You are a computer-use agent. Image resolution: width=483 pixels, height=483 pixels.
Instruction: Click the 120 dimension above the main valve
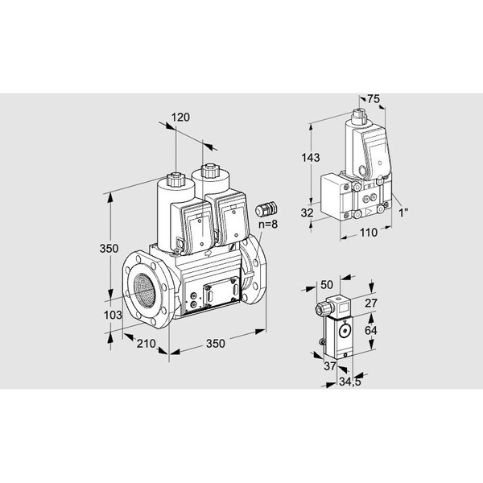tap(181, 118)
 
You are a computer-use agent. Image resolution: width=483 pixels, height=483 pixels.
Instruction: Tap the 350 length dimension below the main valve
tap(215, 345)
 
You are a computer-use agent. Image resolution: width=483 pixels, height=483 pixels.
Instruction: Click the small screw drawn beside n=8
tap(261, 210)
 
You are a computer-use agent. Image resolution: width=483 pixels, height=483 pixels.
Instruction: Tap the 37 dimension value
tap(328, 365)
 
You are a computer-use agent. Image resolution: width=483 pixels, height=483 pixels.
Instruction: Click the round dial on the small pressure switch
tap(345, 328)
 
